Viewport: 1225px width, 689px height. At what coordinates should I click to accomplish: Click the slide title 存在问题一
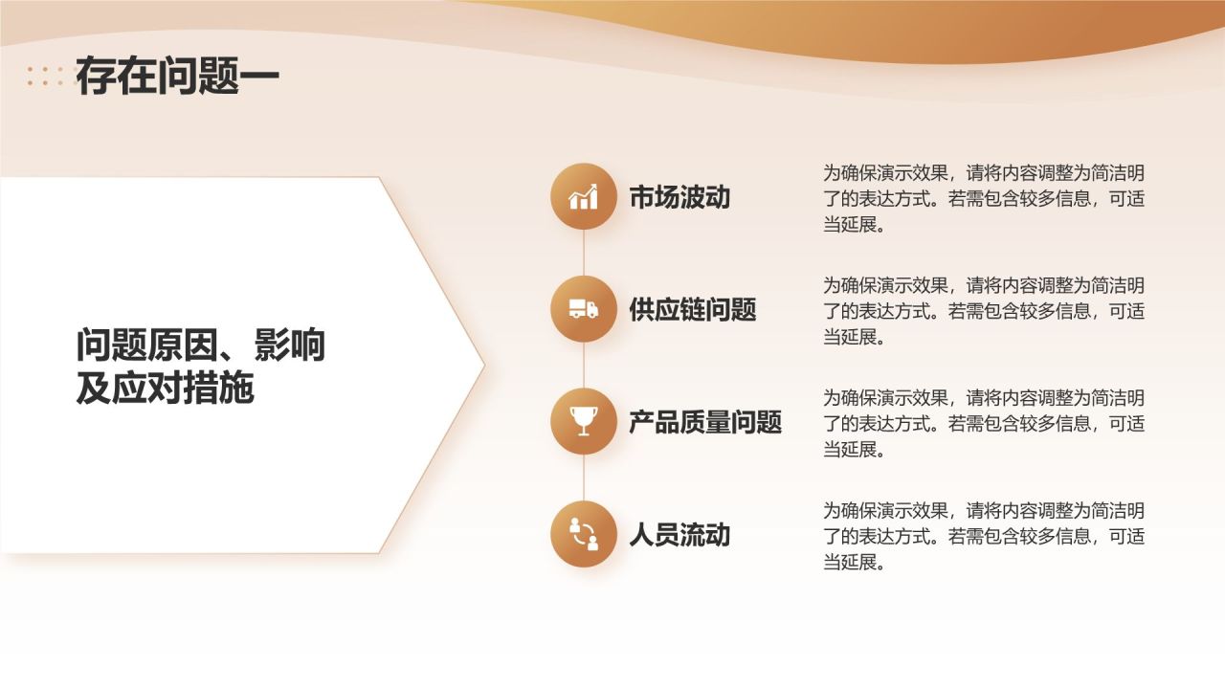(x=177, y=77)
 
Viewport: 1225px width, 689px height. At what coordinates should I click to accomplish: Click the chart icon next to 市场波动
(x=584, y=196)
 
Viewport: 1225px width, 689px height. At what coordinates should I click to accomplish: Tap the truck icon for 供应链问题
(x=584, y=309)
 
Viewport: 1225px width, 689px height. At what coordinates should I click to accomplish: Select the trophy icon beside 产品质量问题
(x=584, y=421)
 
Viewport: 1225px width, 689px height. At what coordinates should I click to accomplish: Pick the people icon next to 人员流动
(x=584, y=534)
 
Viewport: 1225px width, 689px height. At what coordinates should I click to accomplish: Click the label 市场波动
(x=679, y=197)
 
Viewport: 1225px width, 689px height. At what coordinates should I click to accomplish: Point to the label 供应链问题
(x=693, y=309)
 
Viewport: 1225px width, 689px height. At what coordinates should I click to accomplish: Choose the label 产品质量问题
(x=705, y=422)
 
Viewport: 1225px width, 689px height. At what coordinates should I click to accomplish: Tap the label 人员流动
(x=679, y=535)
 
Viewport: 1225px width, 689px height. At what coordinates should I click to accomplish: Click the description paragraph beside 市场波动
(x=984, y=199)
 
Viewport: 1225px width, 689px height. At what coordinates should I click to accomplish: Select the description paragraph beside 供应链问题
(x=984, y=311)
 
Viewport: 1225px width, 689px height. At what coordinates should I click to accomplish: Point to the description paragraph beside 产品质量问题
(x=984, y=423)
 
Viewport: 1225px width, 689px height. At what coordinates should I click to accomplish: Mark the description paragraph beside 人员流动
(x=984, y=536)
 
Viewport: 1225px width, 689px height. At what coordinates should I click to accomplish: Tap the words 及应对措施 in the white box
(x=165, y=389)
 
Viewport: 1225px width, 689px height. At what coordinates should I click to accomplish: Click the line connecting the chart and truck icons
(x=584, y=253)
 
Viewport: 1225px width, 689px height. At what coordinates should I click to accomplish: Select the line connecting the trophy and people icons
(x=584, y=478)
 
